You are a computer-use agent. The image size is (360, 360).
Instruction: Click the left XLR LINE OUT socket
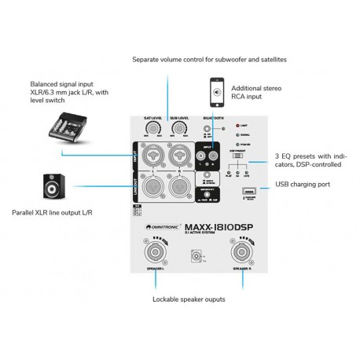152,186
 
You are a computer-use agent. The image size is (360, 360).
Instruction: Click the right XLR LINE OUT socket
180,186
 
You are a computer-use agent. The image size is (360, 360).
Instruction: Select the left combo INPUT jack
152,155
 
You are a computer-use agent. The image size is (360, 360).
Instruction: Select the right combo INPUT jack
180,155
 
